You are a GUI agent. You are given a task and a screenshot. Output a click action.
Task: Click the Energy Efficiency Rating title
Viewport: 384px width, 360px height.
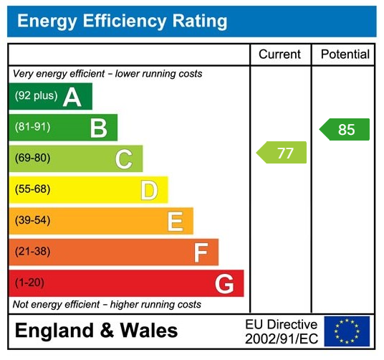pyautogui.click(x=122, y=21)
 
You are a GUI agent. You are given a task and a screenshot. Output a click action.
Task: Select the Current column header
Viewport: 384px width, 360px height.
pyautogui.click(x=279, y=55)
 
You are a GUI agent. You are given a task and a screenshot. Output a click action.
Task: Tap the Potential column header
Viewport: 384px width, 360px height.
pyautogui.click(x=345, y=55)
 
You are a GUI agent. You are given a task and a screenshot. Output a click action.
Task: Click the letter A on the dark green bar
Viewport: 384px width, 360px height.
pyautogui.click(x=72, y=97)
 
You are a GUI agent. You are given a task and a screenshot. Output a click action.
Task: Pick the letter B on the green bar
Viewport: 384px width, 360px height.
pyautogui.click(x=98, y=128)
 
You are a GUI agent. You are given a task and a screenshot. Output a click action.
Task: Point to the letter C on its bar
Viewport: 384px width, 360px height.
pyautogui.click(x=124, y=159)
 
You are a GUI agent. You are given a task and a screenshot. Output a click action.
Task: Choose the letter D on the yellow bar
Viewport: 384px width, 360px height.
pyautogui.click(x=149, y=190)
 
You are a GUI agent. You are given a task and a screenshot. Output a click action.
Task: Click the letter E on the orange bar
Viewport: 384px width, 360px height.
pyautogui.click(x=175, y=222)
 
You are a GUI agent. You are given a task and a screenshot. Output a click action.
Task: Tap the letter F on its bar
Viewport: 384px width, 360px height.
pyautogui.click(x=201, y=252)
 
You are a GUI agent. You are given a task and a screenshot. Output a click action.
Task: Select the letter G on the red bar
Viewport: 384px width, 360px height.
pyautogui.click(x=224, y=284)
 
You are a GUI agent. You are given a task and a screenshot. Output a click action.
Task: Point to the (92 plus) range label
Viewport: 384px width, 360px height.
pyautogui.click(x=36, y=96)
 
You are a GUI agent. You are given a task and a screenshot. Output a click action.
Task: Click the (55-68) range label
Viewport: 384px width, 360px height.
pyautogui.click(x=32, y=190)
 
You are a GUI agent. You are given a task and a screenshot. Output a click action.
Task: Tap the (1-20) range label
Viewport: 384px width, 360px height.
pyautogui.click(x=29, y=283)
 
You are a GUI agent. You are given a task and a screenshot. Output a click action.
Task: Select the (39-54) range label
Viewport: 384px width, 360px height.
pyautogui.click(x=32, y=221)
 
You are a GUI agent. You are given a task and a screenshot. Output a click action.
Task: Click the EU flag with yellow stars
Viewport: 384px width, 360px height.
pyautogui.click(x=347, y=331)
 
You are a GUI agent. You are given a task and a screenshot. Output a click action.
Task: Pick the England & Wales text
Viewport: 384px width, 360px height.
pyautogui.click(x=96, y=331)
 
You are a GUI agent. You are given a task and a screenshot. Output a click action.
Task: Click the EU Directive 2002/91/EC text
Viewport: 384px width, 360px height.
pyautogui.click(x=281, y=331)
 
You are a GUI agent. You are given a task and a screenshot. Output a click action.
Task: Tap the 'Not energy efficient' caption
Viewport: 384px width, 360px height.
pyautogui.click(x=107, y=305)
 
